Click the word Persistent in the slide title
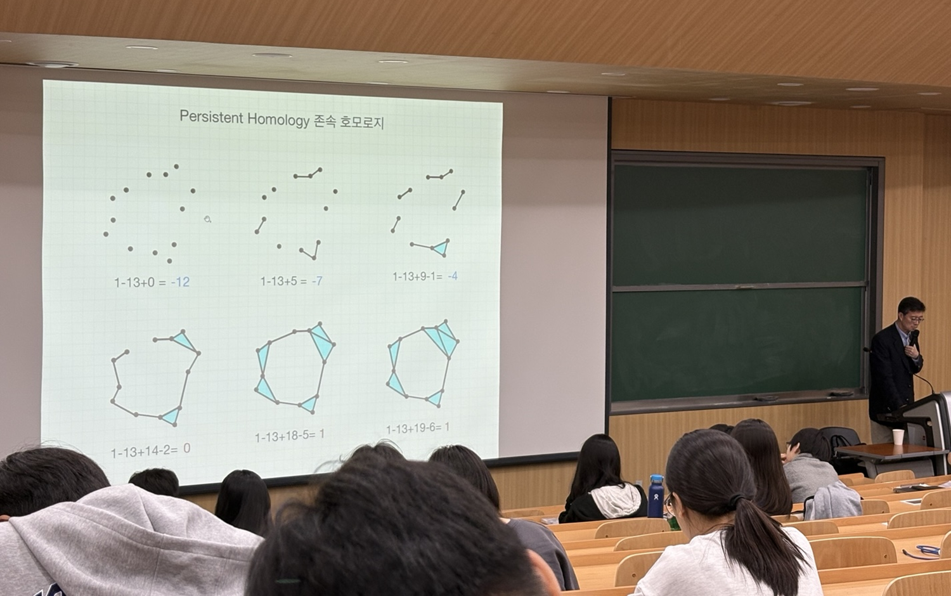tap(211, 117)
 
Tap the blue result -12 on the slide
tap(181, 282)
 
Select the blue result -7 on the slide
tap(317, 281)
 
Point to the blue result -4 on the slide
tap(453, 276)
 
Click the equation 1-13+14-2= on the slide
tap(145, 451)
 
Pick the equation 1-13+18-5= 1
tap(290, 436)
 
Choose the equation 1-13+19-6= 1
tap(418, 428)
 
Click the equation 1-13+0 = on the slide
tap(140, 282)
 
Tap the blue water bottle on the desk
tap(656, 496)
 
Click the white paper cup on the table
tap(898, 437)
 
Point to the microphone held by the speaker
tap(913, 338)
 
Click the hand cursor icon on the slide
tap(207, 219)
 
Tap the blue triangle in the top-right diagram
tap(441, 247)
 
